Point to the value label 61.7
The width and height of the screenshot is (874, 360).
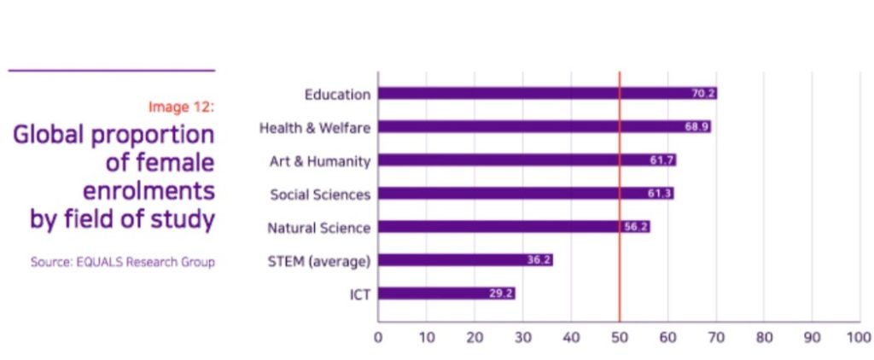662,160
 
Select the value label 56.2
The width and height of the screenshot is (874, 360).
636,227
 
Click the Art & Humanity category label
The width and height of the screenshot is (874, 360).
320,160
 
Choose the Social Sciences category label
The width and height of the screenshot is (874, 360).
320,195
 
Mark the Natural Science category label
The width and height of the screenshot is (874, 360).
319,228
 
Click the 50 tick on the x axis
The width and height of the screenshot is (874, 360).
620,337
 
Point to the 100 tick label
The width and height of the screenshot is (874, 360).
859,337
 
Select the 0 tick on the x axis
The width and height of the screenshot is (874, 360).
378,337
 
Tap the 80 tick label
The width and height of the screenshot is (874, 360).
764,337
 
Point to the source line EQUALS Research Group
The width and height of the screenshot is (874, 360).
122,262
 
